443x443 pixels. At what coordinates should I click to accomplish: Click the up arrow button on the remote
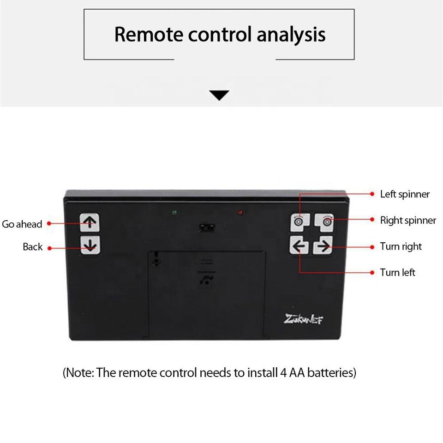90,222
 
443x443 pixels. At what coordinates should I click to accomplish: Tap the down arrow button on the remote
90,245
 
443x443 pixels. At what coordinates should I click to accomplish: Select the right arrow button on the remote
323,246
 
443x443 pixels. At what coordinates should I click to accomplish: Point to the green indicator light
174,213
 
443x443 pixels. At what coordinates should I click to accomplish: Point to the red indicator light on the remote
240,213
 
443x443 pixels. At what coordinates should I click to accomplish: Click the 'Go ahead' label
22,224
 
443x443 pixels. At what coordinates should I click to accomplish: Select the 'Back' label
32,247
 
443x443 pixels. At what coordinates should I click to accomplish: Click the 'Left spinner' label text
404,194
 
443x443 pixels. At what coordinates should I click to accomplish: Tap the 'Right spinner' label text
407,221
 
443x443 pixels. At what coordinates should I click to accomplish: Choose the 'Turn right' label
401,246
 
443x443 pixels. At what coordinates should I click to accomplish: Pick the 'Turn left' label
397,273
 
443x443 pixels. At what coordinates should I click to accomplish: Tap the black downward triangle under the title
219,96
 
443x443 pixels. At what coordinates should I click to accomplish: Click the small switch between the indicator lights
206,227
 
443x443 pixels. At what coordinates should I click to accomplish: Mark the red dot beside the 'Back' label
50,248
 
